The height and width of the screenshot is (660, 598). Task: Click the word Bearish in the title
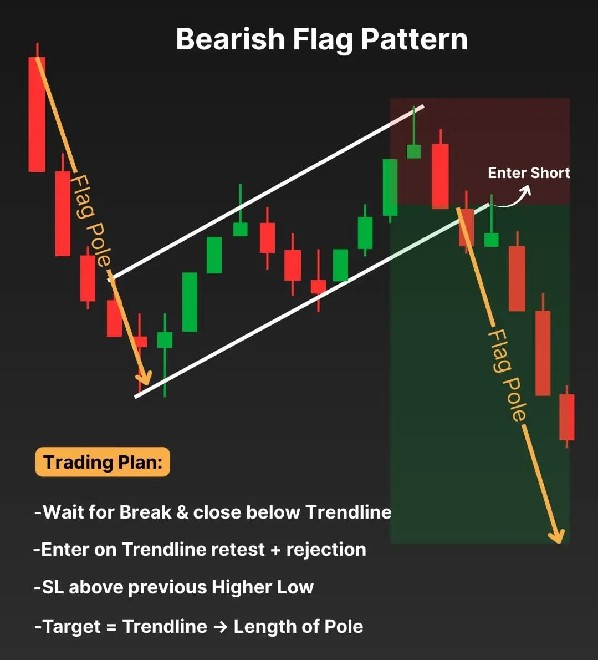click(x=231, y=39)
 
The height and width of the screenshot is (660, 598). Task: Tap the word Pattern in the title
click(x=414, y=39)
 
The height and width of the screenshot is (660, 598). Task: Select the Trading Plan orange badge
click(x=103, y=462)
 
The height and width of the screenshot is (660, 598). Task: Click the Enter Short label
click(x=529, y=172)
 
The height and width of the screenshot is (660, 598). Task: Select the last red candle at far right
click(x=567, y=417)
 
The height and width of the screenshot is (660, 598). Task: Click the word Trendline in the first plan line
click(x=348, y=512)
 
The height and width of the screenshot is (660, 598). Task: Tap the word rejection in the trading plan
click(x=326, y=549)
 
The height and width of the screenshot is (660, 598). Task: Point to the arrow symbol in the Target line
click(x=221, y=626)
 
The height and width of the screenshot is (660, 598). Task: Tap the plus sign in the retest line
click(x=275, y=550)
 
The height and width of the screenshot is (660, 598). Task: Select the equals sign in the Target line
click(x=111, y=627)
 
